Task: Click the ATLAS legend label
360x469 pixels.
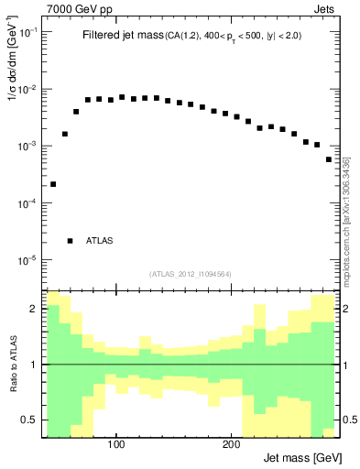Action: pos(100,241)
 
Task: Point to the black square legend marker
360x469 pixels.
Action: pos(71,241)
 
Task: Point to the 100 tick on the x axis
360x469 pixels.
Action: pos(116,446)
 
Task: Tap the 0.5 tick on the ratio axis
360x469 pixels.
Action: pos(30,420)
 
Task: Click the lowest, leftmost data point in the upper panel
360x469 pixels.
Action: pos(53,184)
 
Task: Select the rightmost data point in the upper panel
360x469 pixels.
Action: pos(329,159)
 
